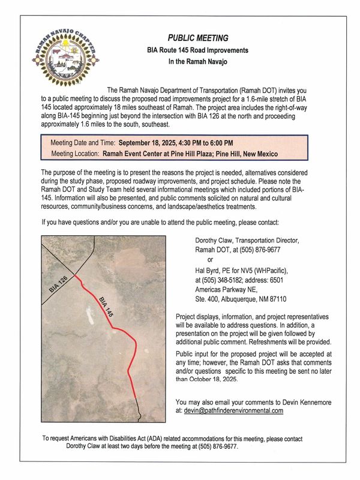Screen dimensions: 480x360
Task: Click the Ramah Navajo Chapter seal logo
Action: (x=66, y=62)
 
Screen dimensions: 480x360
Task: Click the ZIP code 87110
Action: (x=275, y=298)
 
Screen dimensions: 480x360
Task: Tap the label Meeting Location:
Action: (x=75, y=154)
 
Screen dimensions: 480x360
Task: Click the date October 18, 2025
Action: (x=205, y=379)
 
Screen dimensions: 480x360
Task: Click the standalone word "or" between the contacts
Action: (x=210, y=259)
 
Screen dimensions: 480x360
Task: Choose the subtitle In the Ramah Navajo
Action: (x=197, y=61)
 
